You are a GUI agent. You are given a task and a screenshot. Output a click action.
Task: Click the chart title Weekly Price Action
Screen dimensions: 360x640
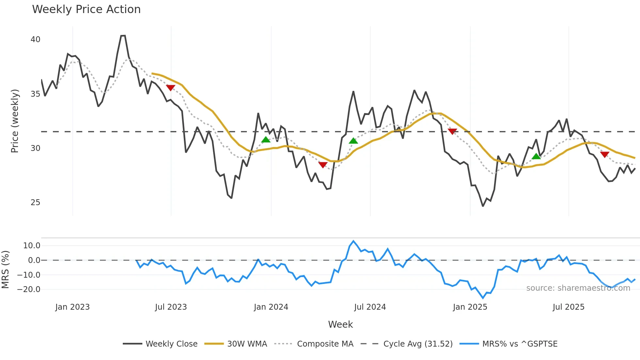click(86, 9)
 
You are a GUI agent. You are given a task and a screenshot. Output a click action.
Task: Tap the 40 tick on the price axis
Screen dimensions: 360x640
click(35, 40)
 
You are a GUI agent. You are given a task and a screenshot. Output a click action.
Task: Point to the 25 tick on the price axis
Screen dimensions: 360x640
click(35, 203)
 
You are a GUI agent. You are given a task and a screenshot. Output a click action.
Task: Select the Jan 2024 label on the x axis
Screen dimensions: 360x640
click(271, 307)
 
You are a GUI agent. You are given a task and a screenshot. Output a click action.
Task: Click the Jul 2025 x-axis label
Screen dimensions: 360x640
click(568, 307)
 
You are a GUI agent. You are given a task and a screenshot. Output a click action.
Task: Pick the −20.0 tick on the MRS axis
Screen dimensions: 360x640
click(29, 289)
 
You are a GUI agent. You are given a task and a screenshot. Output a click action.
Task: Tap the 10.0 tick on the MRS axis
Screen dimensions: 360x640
click(31, 246)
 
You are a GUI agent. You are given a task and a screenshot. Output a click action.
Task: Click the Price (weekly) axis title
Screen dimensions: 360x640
click(15, 121)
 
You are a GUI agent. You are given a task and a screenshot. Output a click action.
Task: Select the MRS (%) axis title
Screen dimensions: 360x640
click(6, 270)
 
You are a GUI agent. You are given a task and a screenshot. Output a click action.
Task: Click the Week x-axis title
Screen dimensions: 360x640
click(340, 324)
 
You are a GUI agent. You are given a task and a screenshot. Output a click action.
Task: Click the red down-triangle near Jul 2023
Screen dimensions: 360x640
click(170, 88)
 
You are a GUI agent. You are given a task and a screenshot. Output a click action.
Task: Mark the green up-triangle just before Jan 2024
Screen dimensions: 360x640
click(266, 140)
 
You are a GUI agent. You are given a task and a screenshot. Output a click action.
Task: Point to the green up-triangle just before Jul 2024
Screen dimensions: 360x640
click(353, 141)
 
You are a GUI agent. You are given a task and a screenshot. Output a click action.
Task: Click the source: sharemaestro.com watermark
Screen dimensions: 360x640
click(578, 288)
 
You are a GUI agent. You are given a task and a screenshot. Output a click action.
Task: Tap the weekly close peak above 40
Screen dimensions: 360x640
click(123, 36)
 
